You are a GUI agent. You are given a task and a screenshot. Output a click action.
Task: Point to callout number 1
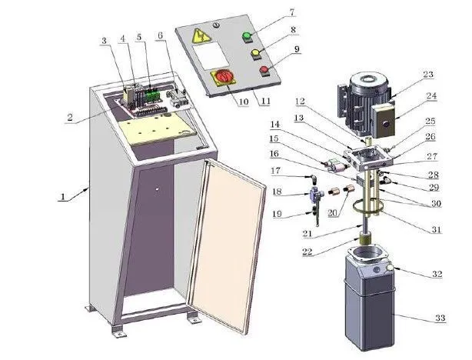coord(61,197)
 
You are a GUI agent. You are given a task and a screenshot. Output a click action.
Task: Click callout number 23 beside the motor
coord(427,75)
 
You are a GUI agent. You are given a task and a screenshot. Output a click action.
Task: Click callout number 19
coord(277,215)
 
